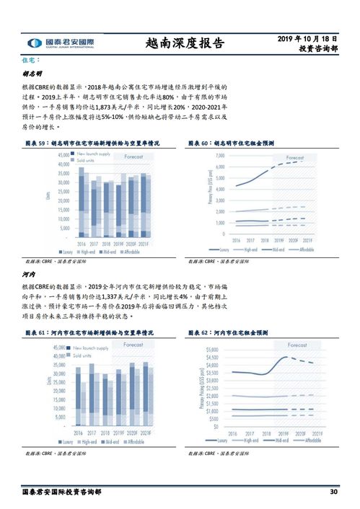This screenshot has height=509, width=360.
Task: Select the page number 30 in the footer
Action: [333, 492]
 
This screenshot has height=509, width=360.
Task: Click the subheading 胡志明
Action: [32, 74]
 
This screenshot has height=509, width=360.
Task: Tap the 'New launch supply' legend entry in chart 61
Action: [92, 348]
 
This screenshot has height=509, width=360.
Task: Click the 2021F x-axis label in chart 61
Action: [145, 433]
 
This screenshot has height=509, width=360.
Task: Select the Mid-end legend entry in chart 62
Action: [278, 440]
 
